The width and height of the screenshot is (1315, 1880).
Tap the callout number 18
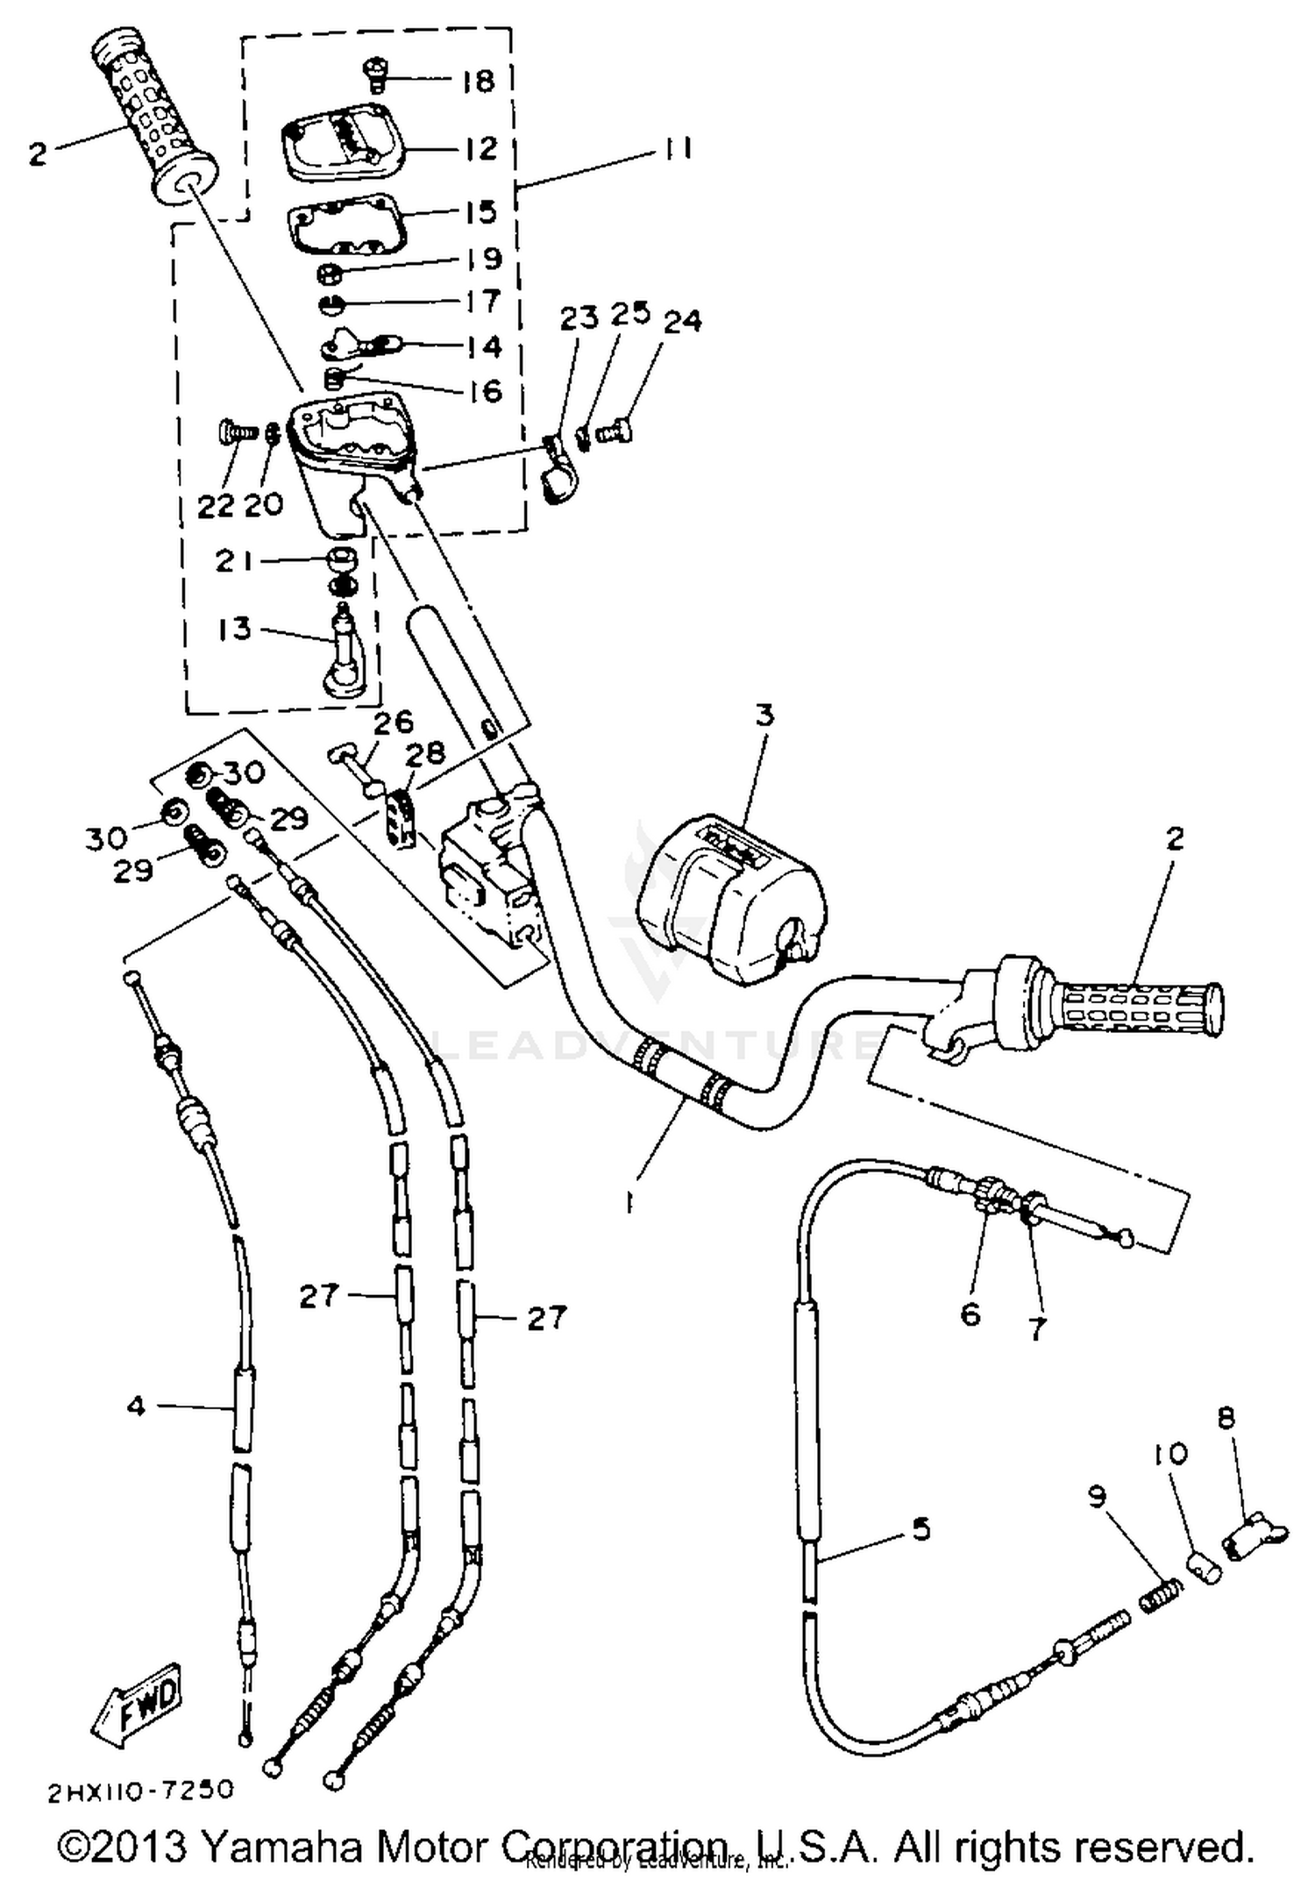479,81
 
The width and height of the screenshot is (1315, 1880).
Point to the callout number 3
764,716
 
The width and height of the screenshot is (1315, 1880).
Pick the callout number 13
234,629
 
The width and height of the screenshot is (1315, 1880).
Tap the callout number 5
920,1529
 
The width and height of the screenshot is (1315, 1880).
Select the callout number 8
1226,1418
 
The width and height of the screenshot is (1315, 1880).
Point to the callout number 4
136,1406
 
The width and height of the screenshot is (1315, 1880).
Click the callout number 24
683,322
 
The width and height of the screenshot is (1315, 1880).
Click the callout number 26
393,723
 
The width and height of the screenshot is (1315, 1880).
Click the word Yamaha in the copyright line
281,1845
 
